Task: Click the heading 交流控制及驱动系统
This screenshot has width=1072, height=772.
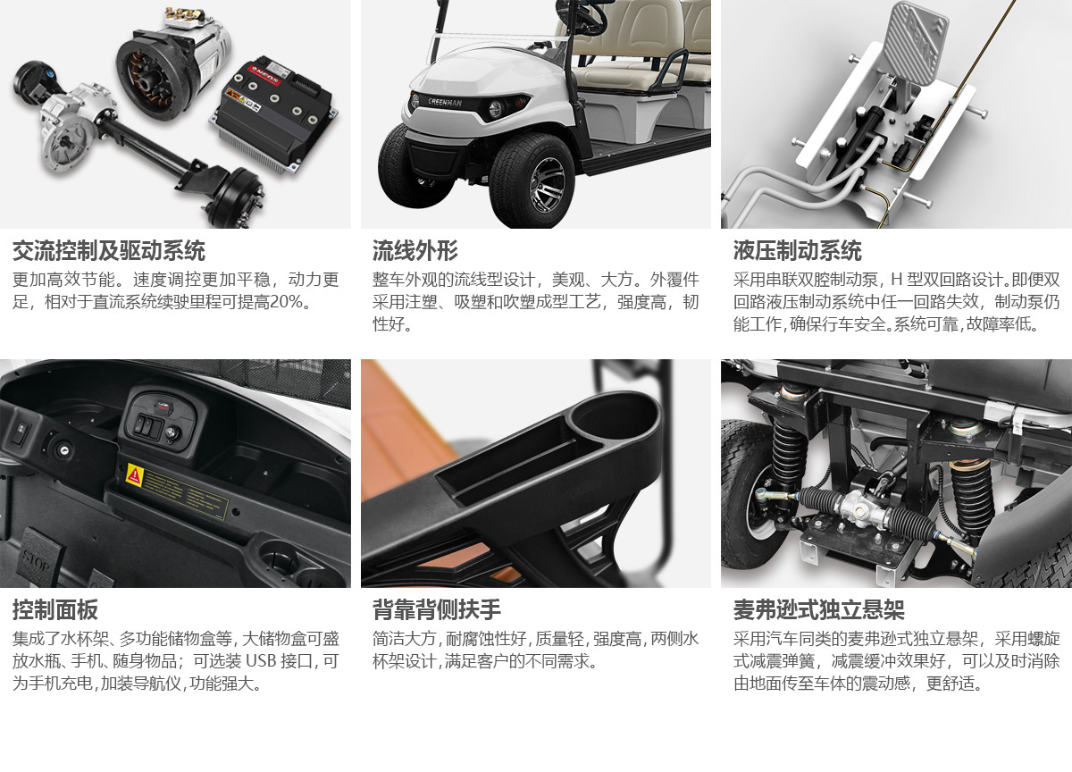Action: point(109,251)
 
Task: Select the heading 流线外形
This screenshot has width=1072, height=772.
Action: point(415,251)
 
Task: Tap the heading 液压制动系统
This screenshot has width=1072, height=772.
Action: point(797,251)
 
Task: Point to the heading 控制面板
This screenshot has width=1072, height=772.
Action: point(55,609)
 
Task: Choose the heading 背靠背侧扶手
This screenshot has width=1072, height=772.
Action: point(437,609)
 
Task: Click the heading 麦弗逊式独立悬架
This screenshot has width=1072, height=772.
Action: point(819,609)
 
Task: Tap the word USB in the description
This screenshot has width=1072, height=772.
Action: point(260,661)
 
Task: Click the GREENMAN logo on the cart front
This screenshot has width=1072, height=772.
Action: point(445,102)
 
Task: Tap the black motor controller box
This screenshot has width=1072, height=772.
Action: point(275,113)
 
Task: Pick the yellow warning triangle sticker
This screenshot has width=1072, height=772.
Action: point(135,476)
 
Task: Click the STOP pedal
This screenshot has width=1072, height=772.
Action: point(38,558)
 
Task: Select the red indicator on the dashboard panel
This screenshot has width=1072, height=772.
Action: point(162,407)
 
